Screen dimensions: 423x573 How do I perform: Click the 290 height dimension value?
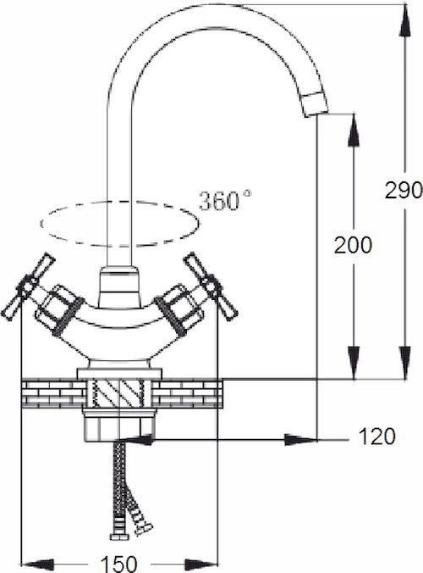pyautogui.click(x=404, y=190)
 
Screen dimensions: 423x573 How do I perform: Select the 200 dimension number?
pyautogui.click(x=353, y=245)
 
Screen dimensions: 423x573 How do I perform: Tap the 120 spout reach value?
pyautogui.click(x=377, y=437)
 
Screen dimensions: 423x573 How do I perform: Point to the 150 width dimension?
pyautogui.click(x=119, y=564)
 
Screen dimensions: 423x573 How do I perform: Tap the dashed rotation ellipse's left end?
pyautogui.click(x=41, y=224)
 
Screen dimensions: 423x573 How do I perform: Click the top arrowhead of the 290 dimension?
pyautogui.click(x=404, y=19)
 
